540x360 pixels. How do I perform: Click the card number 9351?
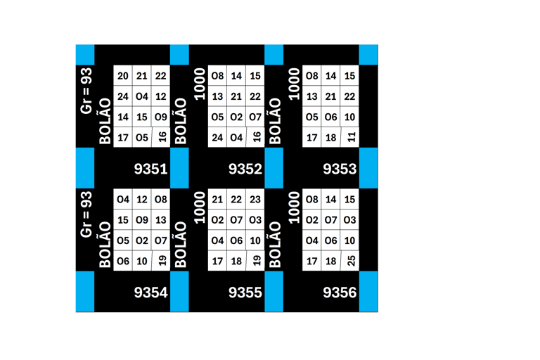pyautogui.click(x=150, y=169)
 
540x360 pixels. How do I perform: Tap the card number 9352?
pyautogui.click(x=245, y=169)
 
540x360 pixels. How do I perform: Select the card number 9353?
pyautogui.click(x=340, y=169)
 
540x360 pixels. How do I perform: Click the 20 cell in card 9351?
pyautogui.click(x=123, y=76)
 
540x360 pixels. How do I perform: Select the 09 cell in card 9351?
pyautogui.click(x=161, y=117)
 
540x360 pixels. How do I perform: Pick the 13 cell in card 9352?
pyautogui.click(x=217, y=96)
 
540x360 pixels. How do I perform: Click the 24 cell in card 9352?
pyautogui.click(x=217, y=137)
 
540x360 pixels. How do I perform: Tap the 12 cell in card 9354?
pyautogui.click(x=142, y=200)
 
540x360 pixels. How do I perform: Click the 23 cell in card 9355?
pyautogui.click(x=255, y=200)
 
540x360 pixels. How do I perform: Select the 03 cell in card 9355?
pyautogui.click(x=255, y=220)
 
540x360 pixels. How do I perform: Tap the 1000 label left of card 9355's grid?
pyautogui.click(x=200, y=208)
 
